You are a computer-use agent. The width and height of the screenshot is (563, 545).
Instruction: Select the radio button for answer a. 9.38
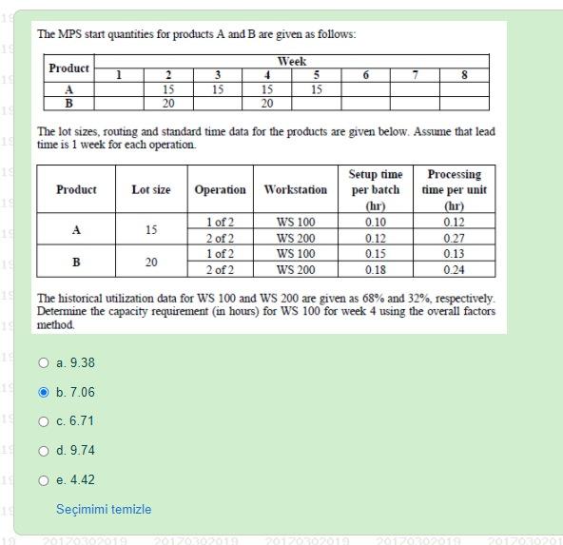pyautogui.click(x=44, y=362)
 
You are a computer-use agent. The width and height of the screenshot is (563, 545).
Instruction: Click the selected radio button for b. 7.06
pyautogui.click(x=44, y=392)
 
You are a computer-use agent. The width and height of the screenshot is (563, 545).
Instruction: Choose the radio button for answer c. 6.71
pyautogui.click(x=44, y=421)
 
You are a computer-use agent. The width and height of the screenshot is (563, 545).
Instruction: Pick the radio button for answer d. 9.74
pyautogui.click(x=44, y=451)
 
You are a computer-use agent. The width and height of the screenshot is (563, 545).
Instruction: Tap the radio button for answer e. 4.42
pyautogui.click(x=44, y=480)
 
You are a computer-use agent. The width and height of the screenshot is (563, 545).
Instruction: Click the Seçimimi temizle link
pyautogui.click(x=103, y=509)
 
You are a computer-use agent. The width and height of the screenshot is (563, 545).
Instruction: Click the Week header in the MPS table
pyautogui.click(x=291, y=61)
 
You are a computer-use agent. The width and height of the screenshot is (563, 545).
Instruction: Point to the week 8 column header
pyautogui.click(x=464, y=75)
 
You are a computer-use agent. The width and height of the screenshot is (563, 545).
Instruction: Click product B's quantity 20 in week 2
pyautogui.click(x=168, y=104)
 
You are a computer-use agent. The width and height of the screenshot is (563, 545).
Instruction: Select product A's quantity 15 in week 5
pyautogui.click(x=317, y=89)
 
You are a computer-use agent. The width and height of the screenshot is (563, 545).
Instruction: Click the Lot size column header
pyautogui.click(x=151, y=190)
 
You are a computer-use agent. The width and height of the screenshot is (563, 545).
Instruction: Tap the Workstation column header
pyautogui.click(x=296, y=190)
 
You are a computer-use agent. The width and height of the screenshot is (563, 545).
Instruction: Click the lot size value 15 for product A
pyautogui.click(x=151, y=230)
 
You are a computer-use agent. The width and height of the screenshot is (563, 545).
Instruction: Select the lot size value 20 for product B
pyautogui.click(x=151, y=262)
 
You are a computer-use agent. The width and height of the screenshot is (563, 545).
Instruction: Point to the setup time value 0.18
pyautogui.click(x=375, y=270)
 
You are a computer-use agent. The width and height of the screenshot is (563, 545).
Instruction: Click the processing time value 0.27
pyautogui.click(x=454, y=239)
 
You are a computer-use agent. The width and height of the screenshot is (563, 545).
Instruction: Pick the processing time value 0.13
pyautogui.click(x=454, y=254)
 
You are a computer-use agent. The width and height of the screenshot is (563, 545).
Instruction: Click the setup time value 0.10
pyautogui.click(x=375, y=223)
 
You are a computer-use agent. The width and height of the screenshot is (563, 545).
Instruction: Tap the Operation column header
pyautogui.click(x=220, y=190)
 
